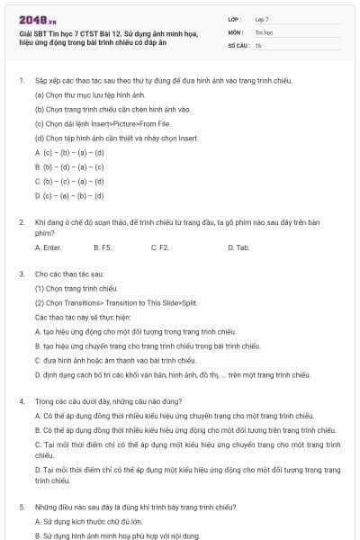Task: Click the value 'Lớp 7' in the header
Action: click(x=262, y=19)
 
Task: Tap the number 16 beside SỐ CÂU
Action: click(x=258, y=44)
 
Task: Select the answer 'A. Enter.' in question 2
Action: click(x=49, y=247)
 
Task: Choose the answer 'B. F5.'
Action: click(x=102, y=247)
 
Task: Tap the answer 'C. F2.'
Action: click(x=160, y=247)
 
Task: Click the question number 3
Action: click(x=21, y=273)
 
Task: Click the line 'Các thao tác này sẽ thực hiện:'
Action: click(x=83, y=318)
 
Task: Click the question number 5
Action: click(x=21, y=507)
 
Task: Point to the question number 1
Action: click(x=21, y=80)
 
